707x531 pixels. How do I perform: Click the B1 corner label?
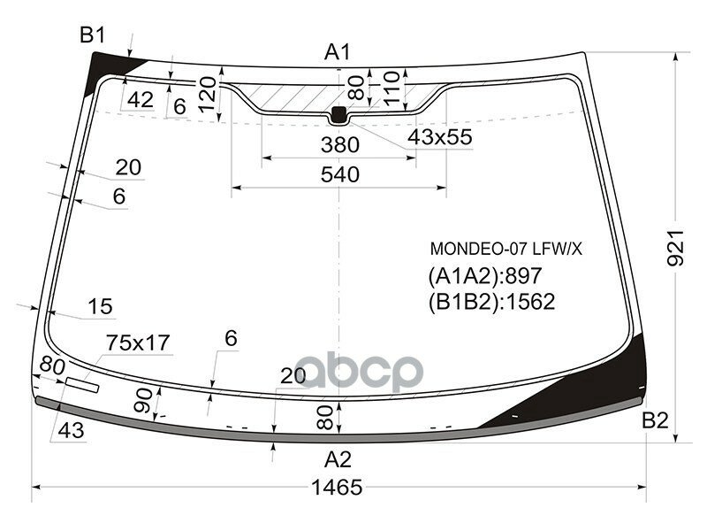tap(93, 35)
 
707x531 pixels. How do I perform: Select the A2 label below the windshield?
tap(338, 459)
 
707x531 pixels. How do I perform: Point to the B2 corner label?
tap(655, 420)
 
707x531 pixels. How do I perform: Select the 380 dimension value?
tap(340, 144)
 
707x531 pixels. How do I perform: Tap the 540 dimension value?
tap(340, 174)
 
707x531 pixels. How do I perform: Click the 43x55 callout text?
tap(440, 137)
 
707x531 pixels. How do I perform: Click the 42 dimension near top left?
tap(140, 100)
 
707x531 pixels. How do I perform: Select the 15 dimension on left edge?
tap(101, 306)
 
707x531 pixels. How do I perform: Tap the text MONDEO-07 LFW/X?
tap(506, 250)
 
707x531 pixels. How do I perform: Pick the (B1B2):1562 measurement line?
tap(491, 302)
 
